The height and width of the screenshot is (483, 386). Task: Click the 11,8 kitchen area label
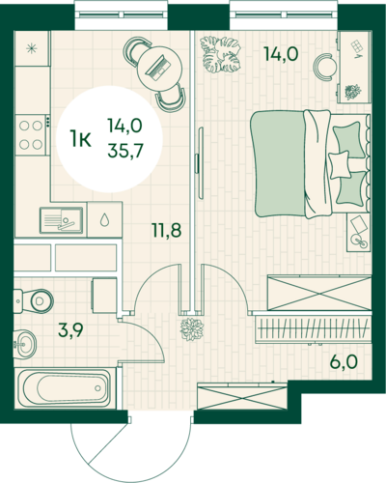click(x=167, y=230)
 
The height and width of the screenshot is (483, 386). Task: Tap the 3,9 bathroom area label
click(x=70, y=329)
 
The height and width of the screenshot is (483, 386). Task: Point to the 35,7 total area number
click(x=125, y=150)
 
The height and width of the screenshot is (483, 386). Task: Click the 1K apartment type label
click(x=80, y=140)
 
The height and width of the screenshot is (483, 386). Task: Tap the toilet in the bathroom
click(x=34, y=300)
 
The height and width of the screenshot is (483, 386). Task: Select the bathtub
click(x=66, y=387)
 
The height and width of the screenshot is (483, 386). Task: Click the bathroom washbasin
click(x=25, y=344)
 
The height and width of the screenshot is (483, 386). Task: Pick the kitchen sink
click(x=61, y=220)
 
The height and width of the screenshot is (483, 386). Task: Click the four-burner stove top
click(x=32, y=135)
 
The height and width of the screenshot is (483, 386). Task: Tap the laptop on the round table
click(x=158, y=68)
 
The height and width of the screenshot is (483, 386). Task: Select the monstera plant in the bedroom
click(x=220, y=54)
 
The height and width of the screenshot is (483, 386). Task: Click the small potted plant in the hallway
click(x=192, y=329)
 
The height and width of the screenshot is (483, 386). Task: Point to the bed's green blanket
click(x=279, y=163)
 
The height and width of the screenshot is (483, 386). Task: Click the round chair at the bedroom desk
click(x=325, y=67)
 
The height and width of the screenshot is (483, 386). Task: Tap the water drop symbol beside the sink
click(x=104, y=220)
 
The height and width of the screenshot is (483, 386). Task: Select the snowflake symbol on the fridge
click(x=32, y=48)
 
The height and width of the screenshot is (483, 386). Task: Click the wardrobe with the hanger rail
click(x=313, y=329)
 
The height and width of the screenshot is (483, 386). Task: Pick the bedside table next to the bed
click(x=358, y=232)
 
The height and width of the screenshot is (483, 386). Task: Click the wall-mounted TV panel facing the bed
click(x=201, y=163)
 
